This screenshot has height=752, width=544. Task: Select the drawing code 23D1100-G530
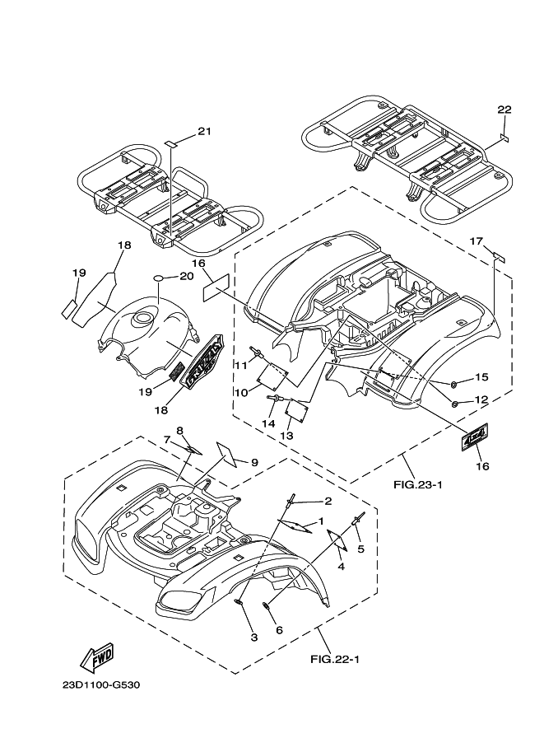point(101,684)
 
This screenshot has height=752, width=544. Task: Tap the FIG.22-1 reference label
point(335,660)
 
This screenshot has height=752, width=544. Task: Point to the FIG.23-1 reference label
point(418,484)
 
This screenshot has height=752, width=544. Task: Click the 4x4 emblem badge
point(475,437)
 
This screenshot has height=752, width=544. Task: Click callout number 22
point(504,110)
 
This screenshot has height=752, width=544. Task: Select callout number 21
point(205,132)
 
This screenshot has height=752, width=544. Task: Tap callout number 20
point(187,276)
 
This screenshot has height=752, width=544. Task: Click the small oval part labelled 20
point(160,278)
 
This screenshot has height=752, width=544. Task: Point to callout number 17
point(477,241)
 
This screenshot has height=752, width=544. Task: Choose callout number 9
point(254,462)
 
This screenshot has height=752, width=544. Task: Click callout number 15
point(481,377)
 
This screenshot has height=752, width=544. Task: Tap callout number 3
point(254,638)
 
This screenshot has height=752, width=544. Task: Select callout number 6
point(280,630)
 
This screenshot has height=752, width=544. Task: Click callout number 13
point(286,436)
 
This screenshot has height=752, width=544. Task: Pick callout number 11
point(240,366)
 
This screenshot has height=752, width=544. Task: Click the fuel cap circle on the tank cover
point(143,317)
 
